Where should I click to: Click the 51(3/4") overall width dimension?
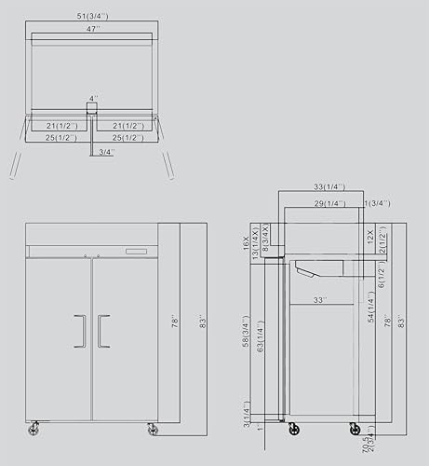[91, 17]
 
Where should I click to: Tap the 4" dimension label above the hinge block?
[93, 97]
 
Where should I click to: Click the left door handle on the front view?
[80, 330]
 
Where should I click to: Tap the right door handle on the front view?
[103, 330]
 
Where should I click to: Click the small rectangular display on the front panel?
[138, 252]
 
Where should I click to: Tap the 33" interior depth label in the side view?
[320, 300]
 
